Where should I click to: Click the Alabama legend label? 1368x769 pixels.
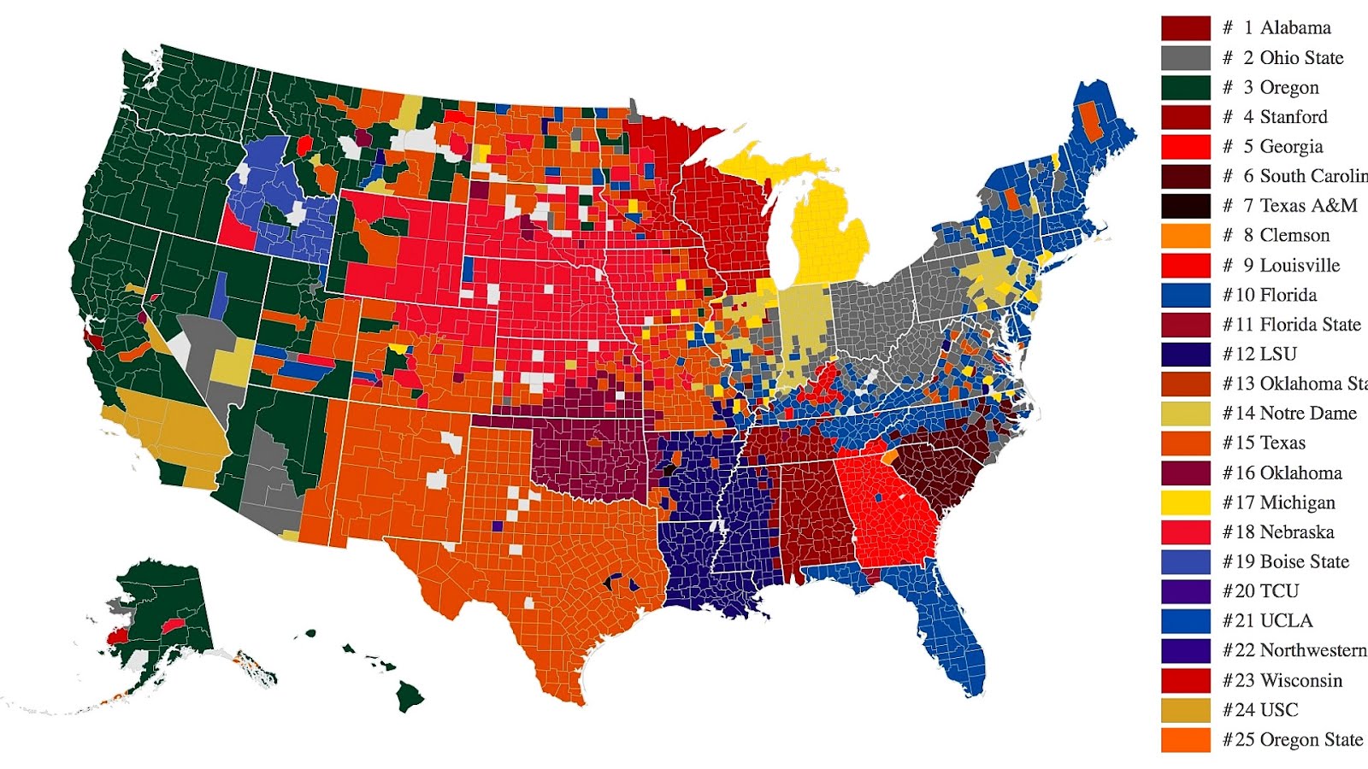click(x=1294, y=27)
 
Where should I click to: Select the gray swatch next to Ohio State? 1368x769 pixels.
click(x=1185, y=57)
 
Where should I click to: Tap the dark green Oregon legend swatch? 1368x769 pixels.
click(x=1185, y=87)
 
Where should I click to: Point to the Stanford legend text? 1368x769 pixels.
click(x=1293, y=116)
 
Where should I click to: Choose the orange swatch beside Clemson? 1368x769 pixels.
click(x=1185, y=235)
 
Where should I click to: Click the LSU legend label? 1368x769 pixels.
click(x=1277, y=354)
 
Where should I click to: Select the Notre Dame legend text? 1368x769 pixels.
click(x=1307, y=413)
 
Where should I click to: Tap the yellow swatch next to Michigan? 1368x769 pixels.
click(x=1185, y=502)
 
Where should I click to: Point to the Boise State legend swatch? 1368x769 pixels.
click(x=1185, y=561)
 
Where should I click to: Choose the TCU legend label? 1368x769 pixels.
click(x=1278, y=590)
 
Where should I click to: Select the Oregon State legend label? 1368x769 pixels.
click(x=1311, y=739)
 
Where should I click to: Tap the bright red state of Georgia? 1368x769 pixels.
click(x=889, y=513)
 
